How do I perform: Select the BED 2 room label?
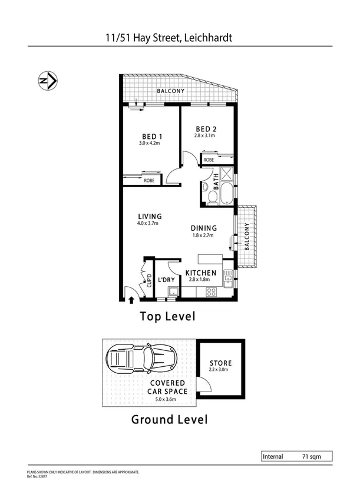[206, 129]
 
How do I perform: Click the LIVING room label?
[150, 217]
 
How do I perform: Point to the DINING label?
[203, 228]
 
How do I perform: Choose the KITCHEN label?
[201, 273]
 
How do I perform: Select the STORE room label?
[220, 363]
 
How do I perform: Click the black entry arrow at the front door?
[131, 301]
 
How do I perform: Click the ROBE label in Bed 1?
[150, 181]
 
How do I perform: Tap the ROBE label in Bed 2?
[209, 160]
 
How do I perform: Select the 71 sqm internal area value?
[309, 456]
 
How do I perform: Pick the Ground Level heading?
[169, 420]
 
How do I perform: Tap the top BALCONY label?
[170, 91]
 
